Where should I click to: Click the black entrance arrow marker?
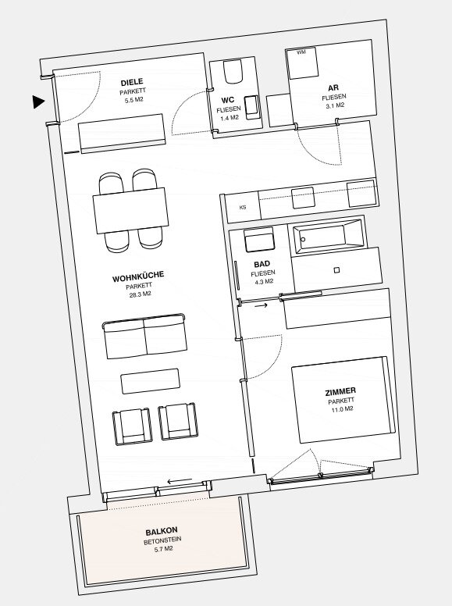38,102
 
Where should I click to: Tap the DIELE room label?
132,82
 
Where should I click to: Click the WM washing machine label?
301,52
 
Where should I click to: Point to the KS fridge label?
243,208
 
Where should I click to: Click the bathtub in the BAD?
328,236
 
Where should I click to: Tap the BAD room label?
262,265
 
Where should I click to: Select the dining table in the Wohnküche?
130,211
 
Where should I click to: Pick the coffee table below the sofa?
151,381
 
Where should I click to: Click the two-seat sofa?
144,336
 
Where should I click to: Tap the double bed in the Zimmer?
343,400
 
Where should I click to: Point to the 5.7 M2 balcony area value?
162,549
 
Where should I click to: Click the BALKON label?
162,531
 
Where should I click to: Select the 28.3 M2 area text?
140,294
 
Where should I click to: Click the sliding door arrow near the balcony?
180,481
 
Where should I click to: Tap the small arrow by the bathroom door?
261,305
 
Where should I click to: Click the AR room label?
333,87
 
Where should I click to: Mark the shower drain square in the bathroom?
336,270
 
